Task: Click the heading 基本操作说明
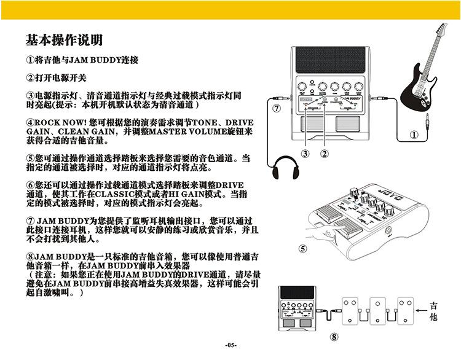tap(64, 41)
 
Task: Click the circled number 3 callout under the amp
tap(305, 153)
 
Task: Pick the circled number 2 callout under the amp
tap(325, 153)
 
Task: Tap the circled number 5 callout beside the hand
tap(302, 248)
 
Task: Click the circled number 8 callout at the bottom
tap(334, 337)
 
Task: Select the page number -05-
tap(230, 345)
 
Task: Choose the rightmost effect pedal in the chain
tap(405, 311)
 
